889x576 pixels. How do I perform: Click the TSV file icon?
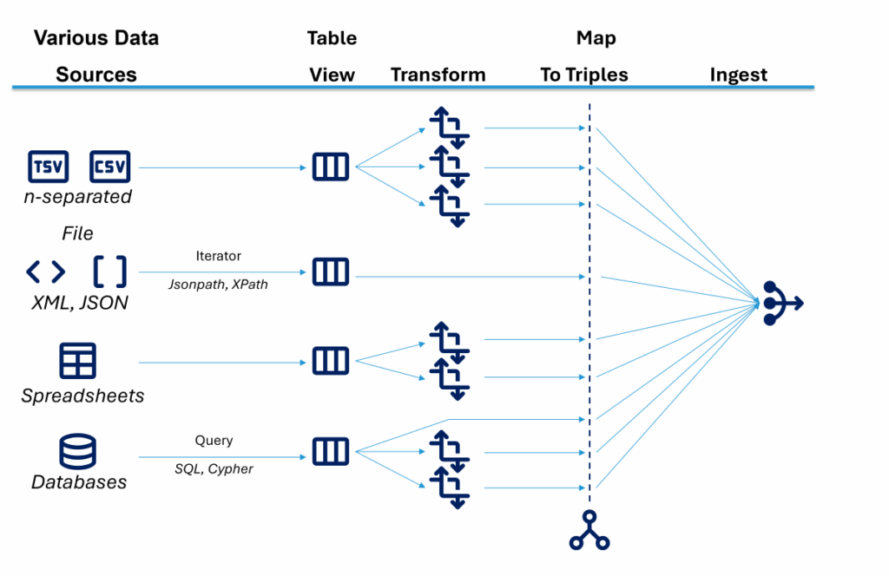[x=49, y=167]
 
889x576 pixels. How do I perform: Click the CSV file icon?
[x=109, y=167]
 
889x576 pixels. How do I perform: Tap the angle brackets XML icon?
[x=45, y=272]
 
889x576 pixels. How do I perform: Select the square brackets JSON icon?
[x=109, y=272]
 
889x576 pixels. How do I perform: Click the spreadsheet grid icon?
[x=77, y=360]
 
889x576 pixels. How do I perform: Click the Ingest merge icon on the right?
[x=782, y=304]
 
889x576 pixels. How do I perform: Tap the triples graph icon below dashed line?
[x=589, y=530]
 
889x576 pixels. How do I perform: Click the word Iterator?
[x=219, y=256]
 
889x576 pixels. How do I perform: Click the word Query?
[x=214, y=440]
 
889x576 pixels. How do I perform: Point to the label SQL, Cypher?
[x=214, y=469]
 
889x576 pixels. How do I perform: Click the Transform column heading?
[x=438, y=75]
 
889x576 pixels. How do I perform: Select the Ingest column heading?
[x=738, y=75]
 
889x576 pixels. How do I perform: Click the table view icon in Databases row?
[x=330, y=451]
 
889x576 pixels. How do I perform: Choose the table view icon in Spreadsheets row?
[x=330, y=360]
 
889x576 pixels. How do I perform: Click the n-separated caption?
[x=77, y=197]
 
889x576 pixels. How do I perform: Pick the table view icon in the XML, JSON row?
[x=330, y=272]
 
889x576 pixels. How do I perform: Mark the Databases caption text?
[x=79, y=482]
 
